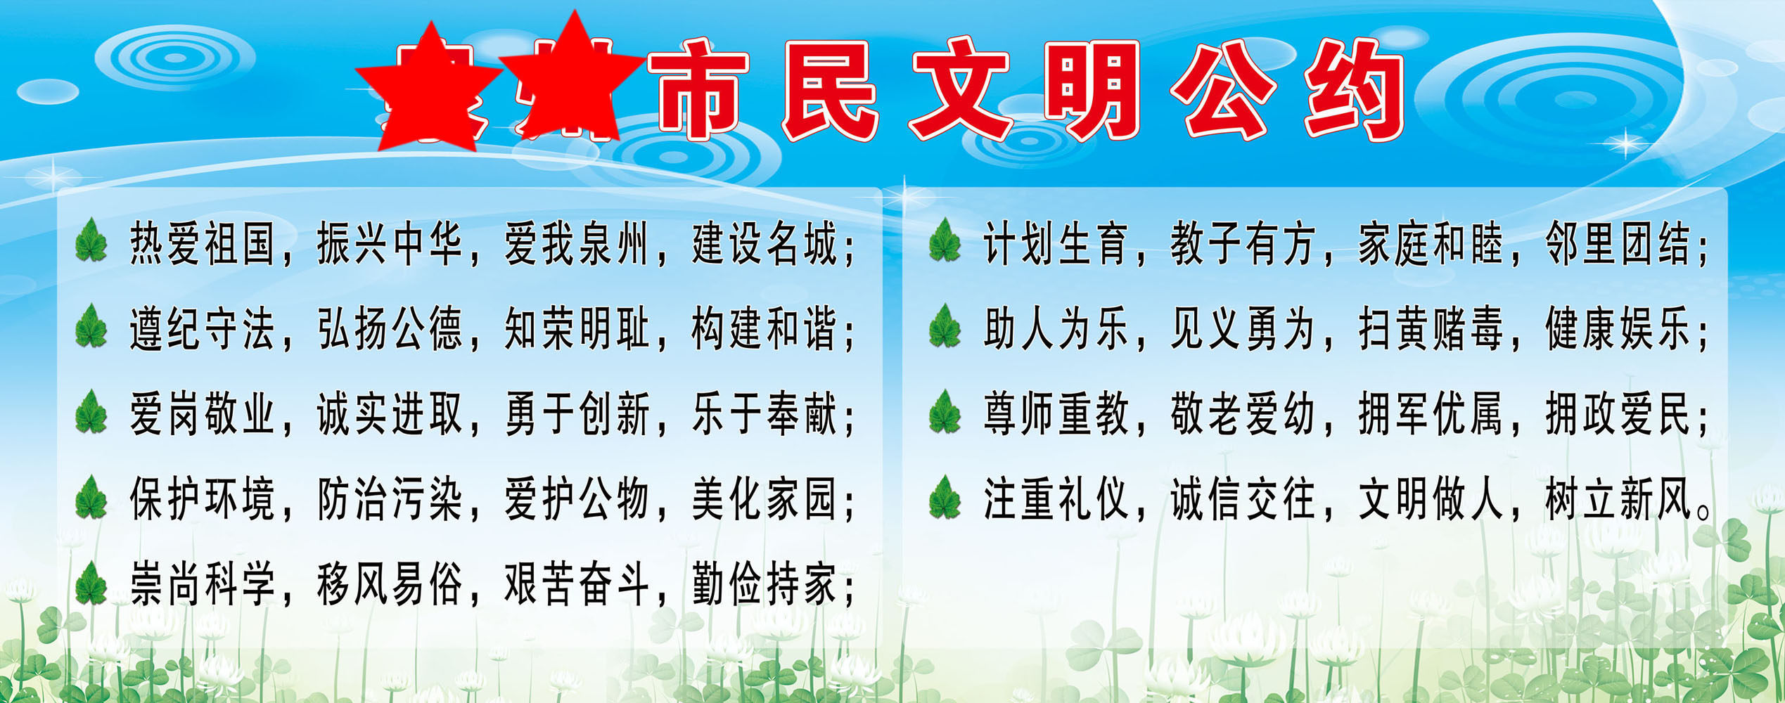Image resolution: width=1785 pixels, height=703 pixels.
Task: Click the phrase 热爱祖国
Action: coord(203,244)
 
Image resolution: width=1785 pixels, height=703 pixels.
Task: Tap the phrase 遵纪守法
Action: coord(203,329)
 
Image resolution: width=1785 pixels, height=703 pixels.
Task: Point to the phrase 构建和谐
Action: coord(764,329)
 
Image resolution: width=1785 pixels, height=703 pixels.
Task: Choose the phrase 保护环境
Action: coord(203,499)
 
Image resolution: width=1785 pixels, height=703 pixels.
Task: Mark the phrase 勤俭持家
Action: coord(764,584)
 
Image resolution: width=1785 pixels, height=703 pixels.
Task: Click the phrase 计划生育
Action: coord(1056,244)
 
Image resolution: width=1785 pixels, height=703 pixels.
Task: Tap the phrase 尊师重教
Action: coord(1056,414)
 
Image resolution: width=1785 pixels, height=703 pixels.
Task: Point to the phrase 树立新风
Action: coord(1618,499)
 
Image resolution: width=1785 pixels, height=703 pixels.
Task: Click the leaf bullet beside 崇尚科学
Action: coord(91,585)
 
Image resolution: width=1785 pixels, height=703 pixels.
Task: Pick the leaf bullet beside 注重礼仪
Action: coord(945,499)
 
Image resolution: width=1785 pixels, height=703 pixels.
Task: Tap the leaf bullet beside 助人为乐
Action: coord(945,328)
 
